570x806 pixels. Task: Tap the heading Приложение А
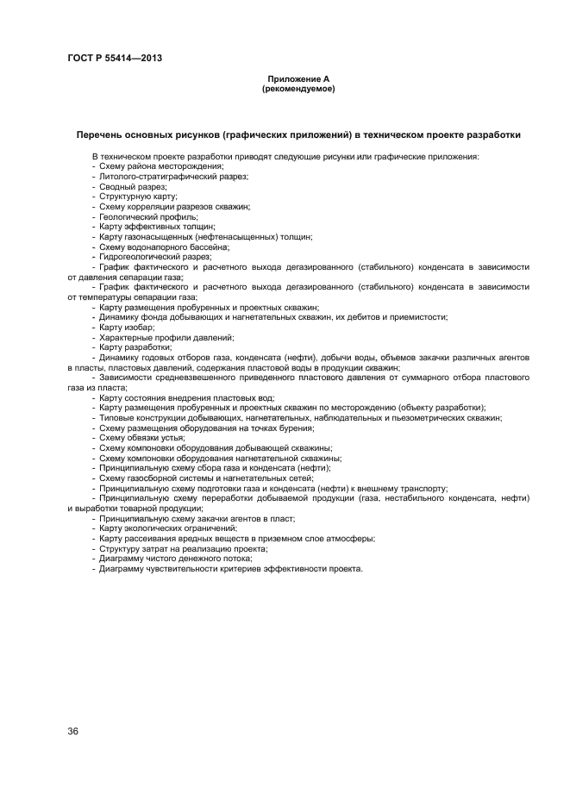point(298,79)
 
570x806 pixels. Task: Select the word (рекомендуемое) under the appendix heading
point(298,89)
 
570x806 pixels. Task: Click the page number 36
point(73,732)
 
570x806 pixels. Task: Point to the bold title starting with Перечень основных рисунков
point(298,135)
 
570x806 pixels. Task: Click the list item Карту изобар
point(126,328)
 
